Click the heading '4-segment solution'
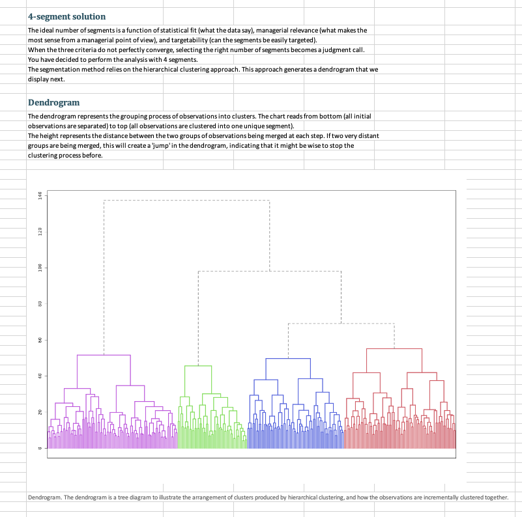(66, 16)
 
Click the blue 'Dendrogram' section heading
(53, 102)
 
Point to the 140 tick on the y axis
(40, 195)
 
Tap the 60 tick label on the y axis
(40, 340)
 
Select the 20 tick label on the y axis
(40, 412)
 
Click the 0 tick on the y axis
(40, 448)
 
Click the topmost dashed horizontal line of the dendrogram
(186, 200)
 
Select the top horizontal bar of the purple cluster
(104, 355)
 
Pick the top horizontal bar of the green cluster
(198, 366)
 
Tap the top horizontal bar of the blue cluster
(288, 358)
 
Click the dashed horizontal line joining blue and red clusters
(341, 323)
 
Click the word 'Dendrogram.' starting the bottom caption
(44, 497)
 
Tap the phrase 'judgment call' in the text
(345, 49)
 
